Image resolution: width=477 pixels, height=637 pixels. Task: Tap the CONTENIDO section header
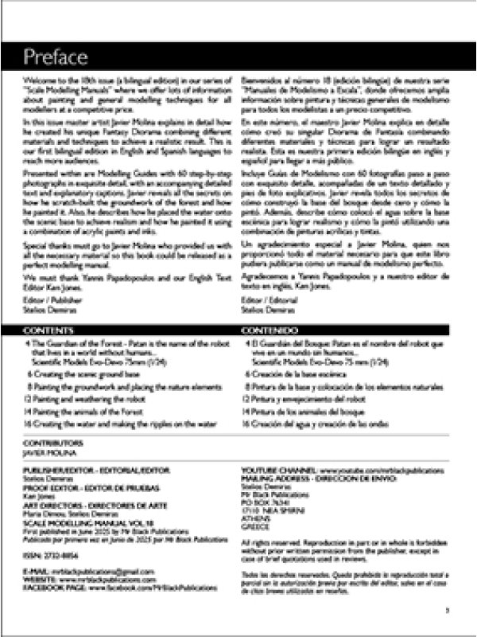(x=271, y=329)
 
